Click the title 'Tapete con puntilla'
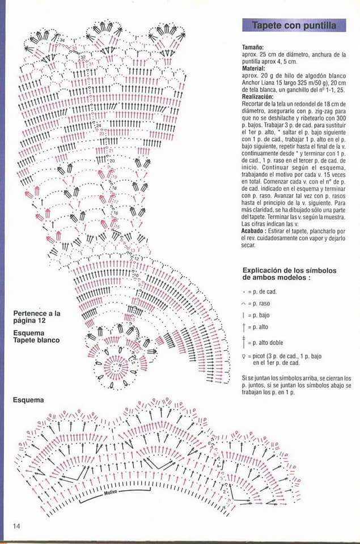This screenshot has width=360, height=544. pyautogui.click(x=294, y=25)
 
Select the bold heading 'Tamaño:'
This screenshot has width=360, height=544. pyautogui.click(x=253, y=48)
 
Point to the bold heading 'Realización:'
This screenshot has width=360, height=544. pyautogui.click(x=258, y=97)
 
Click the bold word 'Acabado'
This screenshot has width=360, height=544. pyautogui.click(x=254, y=231)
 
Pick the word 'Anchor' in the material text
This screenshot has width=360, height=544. pyautogui.click(x=252, y=82)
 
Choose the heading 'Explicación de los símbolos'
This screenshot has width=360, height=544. pyautogui.click(x=289, y=270)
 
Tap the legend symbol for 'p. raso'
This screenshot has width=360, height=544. pyautogui.click(x=243, y=303)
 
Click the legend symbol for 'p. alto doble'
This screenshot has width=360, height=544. pyautogui.click(x=243, y=342)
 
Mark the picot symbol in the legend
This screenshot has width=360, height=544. pyautogui.click(x=243, y=356)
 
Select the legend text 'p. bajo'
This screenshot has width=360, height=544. pyautogui.click(x=261, y=314)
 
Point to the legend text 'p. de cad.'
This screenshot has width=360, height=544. pyautogui.click(x=264, y=291)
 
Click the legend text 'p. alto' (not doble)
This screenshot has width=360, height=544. pyautogui.click(x=261, y=328)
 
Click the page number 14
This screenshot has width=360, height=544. pyautogui.click(x=17, y=526)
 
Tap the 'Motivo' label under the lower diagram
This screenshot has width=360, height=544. pyautogui.click(x=110, y=492)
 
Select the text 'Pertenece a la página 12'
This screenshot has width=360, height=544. pyautogui.click(x=37, y=316)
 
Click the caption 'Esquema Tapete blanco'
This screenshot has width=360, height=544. pyautogui.click(x=36, y=337)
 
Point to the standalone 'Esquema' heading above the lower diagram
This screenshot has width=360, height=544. pyautogui.click(x=28, y=399)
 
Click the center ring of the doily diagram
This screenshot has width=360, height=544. pyautogui.click(x=116, y=365)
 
